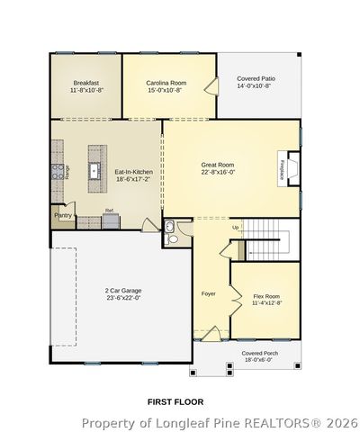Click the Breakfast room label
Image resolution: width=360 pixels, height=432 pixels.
87,82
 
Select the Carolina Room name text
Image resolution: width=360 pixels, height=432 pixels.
165,82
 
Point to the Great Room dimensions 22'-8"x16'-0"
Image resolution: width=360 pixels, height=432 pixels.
218,173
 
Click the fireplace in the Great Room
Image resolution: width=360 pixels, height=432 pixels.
287,170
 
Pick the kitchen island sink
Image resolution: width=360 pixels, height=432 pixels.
93,169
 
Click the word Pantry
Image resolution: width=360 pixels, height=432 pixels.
63,216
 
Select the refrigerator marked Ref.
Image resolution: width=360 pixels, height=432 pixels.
109,216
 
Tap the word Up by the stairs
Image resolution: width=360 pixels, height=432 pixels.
236,228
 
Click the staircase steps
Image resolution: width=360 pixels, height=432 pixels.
265,241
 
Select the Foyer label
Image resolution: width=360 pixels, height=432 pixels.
208,293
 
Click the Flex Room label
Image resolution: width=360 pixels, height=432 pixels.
266,296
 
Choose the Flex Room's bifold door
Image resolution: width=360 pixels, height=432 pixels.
234,292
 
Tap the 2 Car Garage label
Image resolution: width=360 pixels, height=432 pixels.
122,290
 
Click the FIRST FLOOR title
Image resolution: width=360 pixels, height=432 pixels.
175,400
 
